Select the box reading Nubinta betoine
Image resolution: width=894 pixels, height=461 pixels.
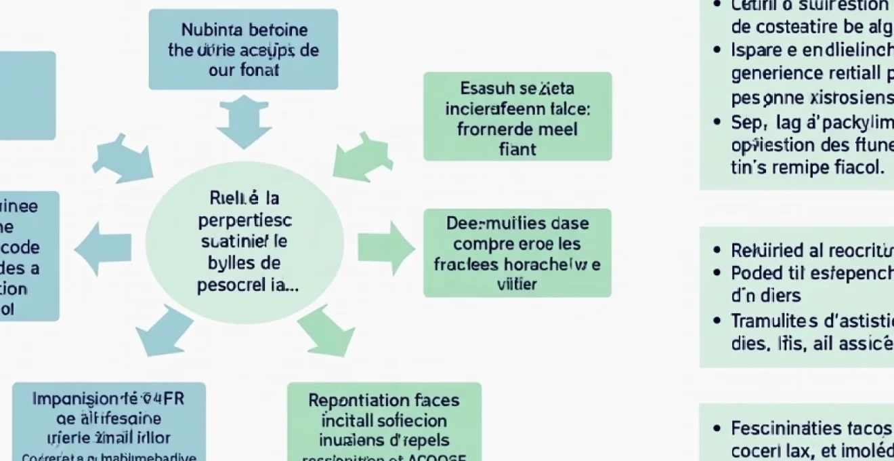[x=243, y=49]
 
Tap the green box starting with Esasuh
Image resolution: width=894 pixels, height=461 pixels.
[x=517, y=117]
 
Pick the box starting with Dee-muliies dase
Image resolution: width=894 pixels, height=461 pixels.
[x=517, y=253]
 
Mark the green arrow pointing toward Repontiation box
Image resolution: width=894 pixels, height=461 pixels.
[x=326, y=330]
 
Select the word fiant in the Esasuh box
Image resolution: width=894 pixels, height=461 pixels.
[x=517, y=148]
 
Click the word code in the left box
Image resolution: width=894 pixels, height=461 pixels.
[x=20, y=247]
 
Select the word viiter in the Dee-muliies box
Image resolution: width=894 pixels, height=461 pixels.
[x=517, y=284]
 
